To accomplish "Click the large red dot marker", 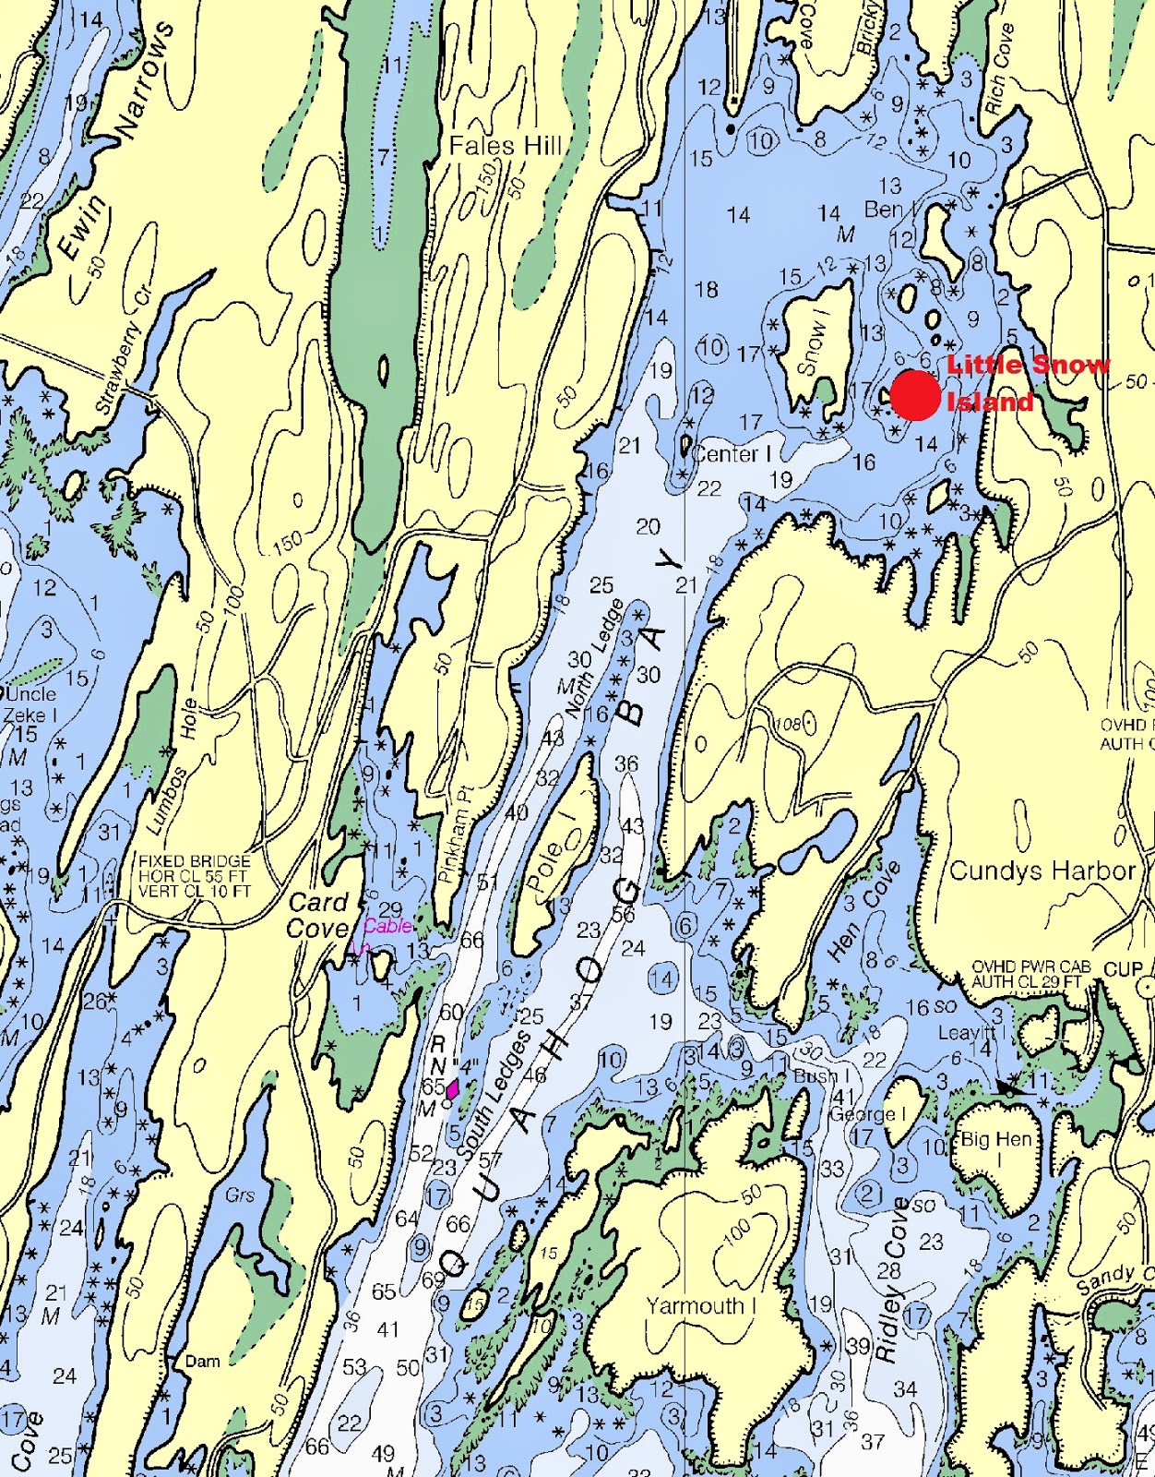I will pos(915,395).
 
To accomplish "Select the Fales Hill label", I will pos(506,146).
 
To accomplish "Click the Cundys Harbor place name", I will pos(1042,871).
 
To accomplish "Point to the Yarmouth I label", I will pos(701,1305).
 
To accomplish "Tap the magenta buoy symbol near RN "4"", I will pos(452,1088).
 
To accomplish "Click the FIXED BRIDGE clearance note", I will pos(195,876).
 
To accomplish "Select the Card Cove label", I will pos(317,915).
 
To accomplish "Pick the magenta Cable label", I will pos(387,926).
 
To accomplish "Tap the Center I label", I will pos(732,454).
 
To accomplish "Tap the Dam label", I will pos(203,1361).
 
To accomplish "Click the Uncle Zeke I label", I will pos(30,704).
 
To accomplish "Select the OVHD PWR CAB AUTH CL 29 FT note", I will pos(1030,974).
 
